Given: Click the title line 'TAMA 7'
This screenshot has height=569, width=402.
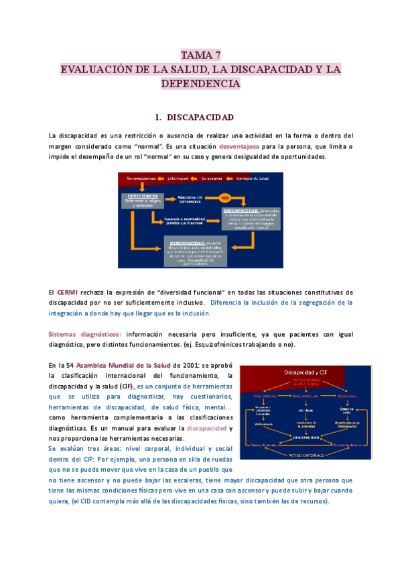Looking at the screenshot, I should point(201,55).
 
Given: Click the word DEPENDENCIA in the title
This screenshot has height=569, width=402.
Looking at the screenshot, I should point(201,84).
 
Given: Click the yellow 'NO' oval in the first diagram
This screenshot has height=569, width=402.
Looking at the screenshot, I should point(225,198).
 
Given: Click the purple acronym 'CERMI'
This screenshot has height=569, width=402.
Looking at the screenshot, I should point(66,292).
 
